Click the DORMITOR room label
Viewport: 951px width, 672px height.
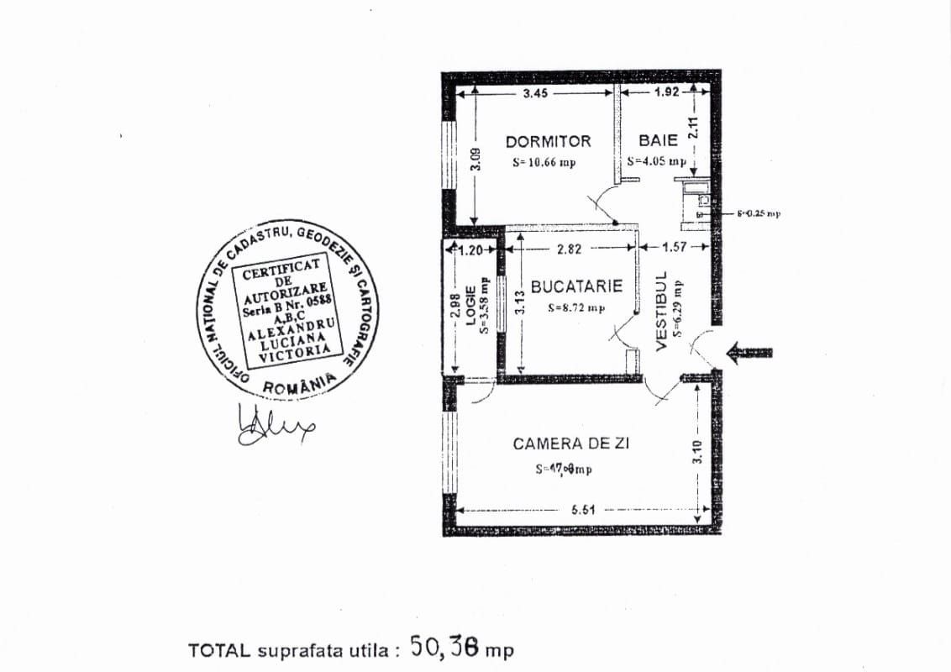548,141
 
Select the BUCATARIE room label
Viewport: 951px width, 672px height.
576,286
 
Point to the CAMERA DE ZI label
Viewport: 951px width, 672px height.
571,444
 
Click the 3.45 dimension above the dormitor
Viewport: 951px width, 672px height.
535,93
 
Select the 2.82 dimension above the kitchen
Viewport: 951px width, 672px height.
570,249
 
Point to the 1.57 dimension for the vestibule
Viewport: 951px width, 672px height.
675,247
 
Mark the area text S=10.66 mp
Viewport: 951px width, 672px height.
544,162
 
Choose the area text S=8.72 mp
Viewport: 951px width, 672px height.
576,307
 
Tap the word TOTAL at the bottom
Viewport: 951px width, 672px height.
220,650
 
